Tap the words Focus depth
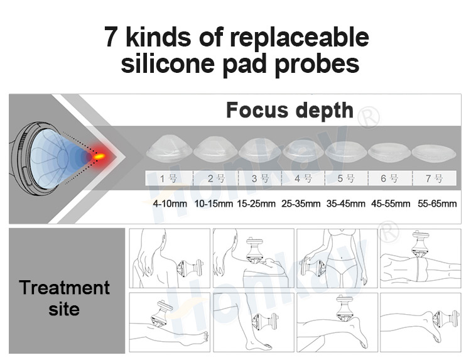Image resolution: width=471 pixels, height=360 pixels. pos(290,111)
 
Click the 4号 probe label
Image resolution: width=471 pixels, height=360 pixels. pos(303,178)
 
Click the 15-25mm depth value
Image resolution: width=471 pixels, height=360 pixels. pos(256,204)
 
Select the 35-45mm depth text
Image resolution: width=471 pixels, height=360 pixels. pos(345,204)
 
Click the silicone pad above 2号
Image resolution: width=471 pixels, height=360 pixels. pos(214,150)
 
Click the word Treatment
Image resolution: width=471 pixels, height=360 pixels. pos(64,288)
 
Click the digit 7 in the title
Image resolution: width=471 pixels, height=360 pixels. pos(111,38)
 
